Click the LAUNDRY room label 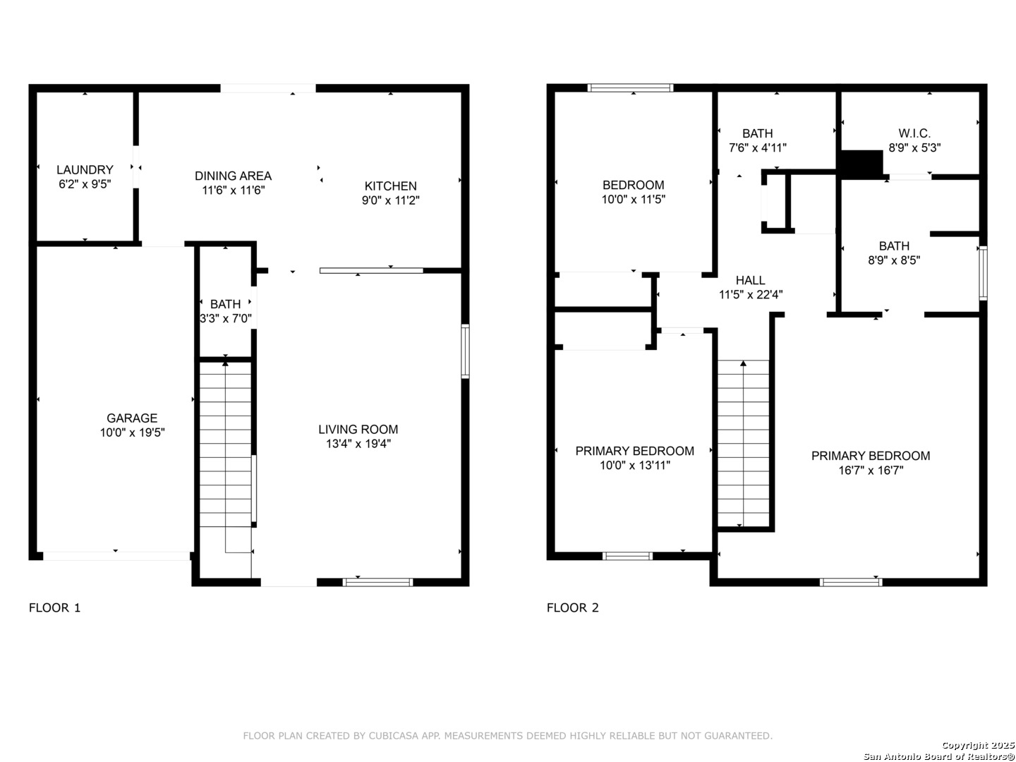pyautogui.click(x=85, y=170)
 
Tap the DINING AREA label pyautogui.click(x=233, y=176)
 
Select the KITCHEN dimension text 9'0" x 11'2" pyautogui.click(x=390, y=200)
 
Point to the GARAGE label pyautogui.click(x=132, y=418)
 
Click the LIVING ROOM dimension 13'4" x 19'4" pyautogui.click(x=358, y=444)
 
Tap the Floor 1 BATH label pyautogui.click(x=225, y=304)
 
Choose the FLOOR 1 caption pyautogui.click(x=54, y=607)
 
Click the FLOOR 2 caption pyautogui.click(x=573, y=607)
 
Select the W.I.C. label pyautogui.click(x=914, y=133)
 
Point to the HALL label pyautogui.click(x=750, y=280)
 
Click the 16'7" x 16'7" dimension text pyautogui.click(x=871, y=470)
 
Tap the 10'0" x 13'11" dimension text pyautogui.click(x=634, y=465)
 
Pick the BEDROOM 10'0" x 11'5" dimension pyautogui.click(x=633, y=200)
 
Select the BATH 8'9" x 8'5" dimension pyautogui.click(x=894, y=260)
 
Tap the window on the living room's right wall pyautogui.click(x=465, y=351)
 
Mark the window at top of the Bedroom pyautogui.click(x=630, y=88)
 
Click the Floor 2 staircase pyautogui.click(x=743, y=443)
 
